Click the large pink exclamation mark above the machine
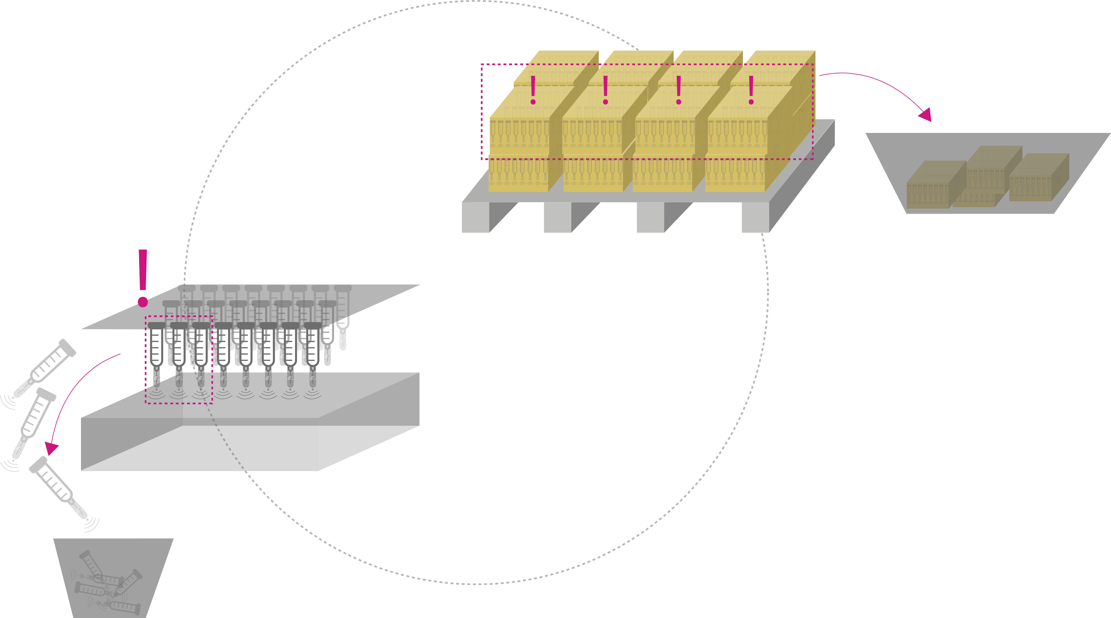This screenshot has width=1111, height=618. click(x=143, y=276)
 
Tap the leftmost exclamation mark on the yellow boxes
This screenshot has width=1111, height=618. click(x=533, y=90)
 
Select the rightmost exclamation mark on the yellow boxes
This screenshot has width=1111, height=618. click(x=751, y=90)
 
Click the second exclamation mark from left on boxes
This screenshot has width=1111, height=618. click(x=606, y=90)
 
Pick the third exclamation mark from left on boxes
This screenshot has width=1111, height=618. click(x=678, y=90)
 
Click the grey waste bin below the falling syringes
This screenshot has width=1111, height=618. click(x=113, y=577)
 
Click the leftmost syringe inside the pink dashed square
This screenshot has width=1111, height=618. click(x=156, y=353)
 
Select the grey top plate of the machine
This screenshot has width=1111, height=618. click(x=250, y=306)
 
